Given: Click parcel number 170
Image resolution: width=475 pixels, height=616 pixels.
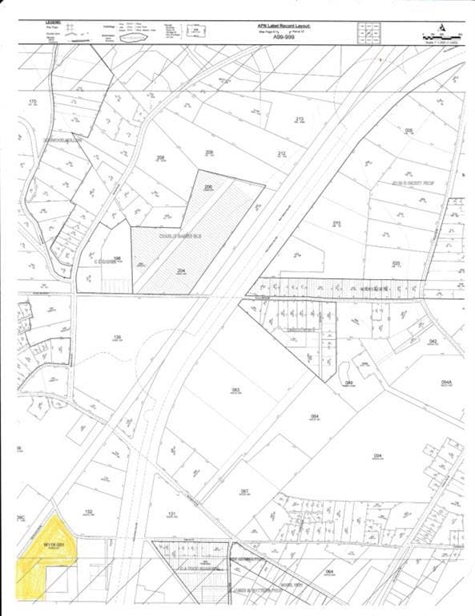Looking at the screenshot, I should (x=33, y=102).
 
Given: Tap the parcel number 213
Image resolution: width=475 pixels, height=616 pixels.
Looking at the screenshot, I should (x=300, y=119).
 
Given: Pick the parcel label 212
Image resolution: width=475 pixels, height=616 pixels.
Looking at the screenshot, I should (x=281, y=153).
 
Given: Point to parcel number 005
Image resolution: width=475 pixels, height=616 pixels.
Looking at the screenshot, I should (x=409, y=130).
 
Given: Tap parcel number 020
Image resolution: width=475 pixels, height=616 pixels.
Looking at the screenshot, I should (x=396, y=262).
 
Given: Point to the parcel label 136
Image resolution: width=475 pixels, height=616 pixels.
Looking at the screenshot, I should (x=117, y=336).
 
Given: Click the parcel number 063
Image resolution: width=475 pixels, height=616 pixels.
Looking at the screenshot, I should (x=235, y=390).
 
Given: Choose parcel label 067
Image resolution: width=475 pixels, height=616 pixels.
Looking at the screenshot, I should (x=245, y=490).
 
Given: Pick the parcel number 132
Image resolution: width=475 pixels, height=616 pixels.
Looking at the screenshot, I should (x=89, y=510).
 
